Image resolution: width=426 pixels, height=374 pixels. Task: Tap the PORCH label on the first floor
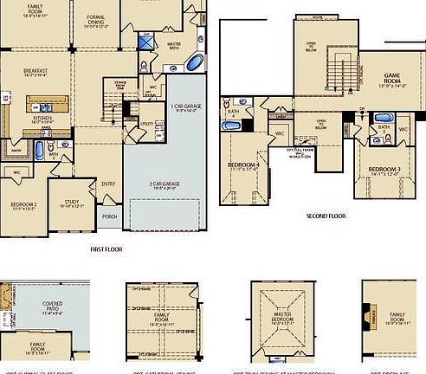coord(109,216)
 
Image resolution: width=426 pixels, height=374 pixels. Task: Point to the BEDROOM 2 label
coord(23,203)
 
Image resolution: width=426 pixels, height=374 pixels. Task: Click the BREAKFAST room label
coord(35,71)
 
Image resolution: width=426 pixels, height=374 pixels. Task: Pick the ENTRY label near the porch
coord(108,184)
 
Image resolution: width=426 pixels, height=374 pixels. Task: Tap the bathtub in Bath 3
coord(384,141)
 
